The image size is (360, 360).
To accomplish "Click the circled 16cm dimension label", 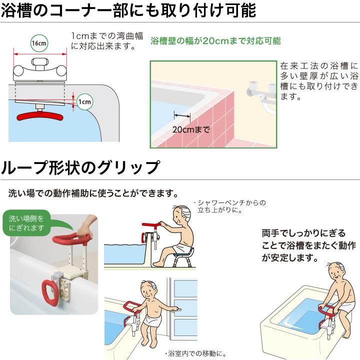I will point(39,43).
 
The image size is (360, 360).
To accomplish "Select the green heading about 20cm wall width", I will point(215,41).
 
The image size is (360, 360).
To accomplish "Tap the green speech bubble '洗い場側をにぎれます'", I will point(28,223).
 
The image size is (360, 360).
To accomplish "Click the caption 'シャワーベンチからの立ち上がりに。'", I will point(229,206).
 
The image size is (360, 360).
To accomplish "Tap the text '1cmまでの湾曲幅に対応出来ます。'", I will point(107,41).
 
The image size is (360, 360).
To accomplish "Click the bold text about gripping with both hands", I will point(308,245).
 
